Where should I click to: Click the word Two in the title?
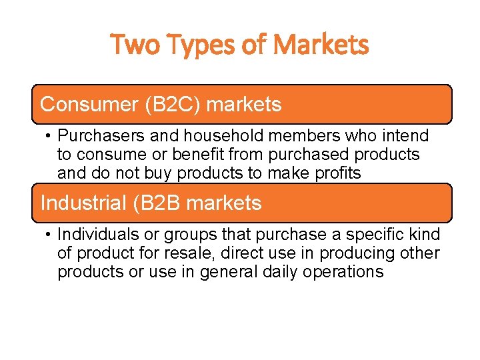pos(134,45)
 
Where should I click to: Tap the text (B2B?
pos(157,203)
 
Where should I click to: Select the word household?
pos(223,136)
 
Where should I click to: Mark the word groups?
pos(195,235)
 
